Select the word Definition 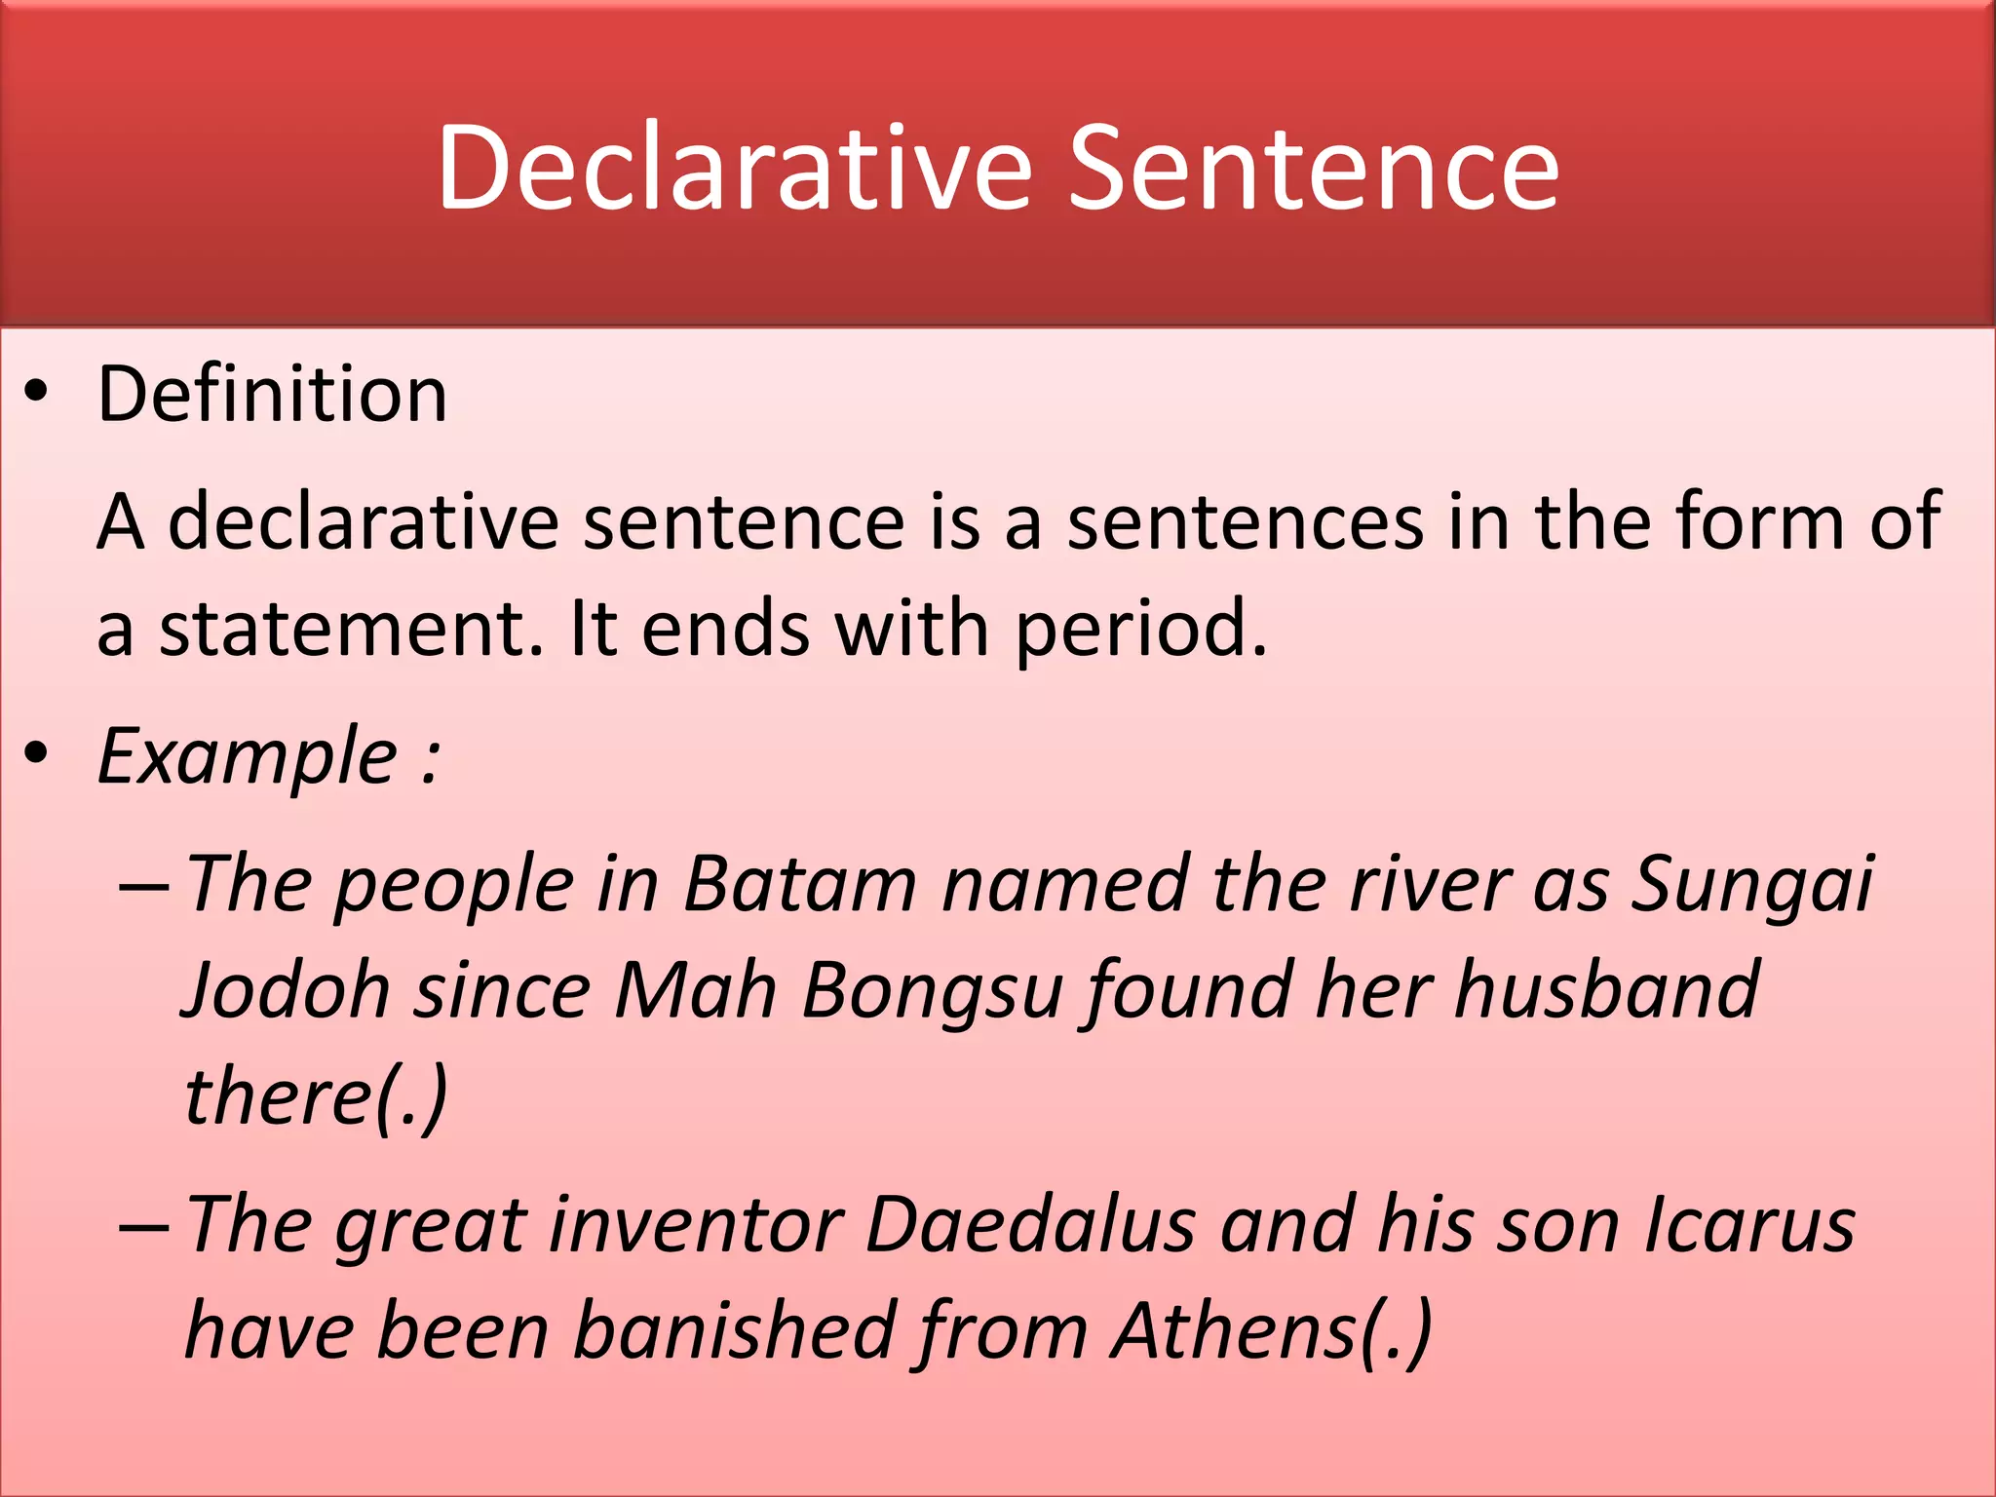coord(272,394)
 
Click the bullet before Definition coord(36,394)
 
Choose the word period coord(1140,629)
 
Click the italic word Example coord(248,756)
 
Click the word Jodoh coord(287,990)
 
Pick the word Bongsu coord(931,990)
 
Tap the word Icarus coord(1749,1224)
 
